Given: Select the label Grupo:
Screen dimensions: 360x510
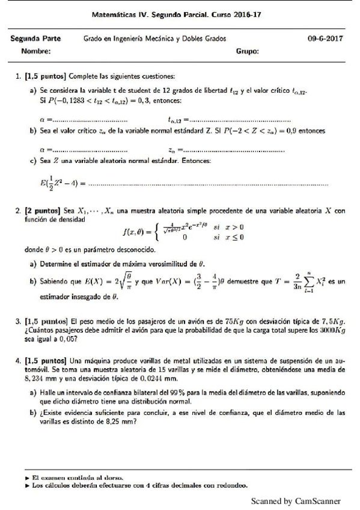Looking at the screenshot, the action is [x=248, y=52].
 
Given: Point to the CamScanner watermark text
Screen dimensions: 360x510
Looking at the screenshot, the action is [x=296, y=500].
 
